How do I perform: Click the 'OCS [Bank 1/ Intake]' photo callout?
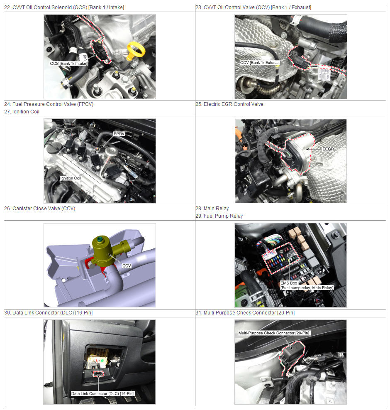[69, 64]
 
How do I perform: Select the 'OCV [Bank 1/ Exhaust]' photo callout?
[260, 63]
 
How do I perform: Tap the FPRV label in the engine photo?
[119, 134]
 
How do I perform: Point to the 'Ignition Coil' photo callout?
[71, 178]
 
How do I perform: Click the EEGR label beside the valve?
[328, 149]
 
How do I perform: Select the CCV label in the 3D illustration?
[127, 266]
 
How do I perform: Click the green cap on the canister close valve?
[100, 239]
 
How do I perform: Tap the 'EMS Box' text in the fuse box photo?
[289, 283]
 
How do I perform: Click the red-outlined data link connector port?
[98, 374]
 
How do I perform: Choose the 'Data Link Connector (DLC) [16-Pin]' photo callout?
[102, 393]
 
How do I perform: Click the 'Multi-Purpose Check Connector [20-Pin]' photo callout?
[274, 333]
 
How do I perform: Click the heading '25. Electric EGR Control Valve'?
[229, 104]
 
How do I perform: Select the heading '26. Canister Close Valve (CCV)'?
[40, 209]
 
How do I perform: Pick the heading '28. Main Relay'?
[212, 209]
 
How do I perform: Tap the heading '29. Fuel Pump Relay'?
[219, 216]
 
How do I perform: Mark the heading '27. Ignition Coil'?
[22, 112]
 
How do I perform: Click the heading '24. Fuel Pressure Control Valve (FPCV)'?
[49, 104]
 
